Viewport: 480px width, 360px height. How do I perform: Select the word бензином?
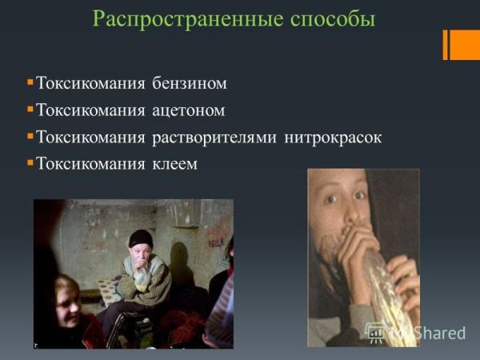(191, 83)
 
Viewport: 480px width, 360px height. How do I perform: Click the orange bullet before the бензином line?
(30, 82)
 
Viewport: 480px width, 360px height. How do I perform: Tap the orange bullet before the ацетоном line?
(30, 109)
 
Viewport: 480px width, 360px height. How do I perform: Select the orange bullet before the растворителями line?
(30, 136)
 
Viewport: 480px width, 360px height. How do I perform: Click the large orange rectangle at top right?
(465, 46)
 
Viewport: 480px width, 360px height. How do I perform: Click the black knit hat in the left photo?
(142, 238)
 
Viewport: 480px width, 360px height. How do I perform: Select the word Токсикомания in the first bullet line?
(90, 83)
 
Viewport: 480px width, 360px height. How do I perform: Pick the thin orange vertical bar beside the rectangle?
(445, 46)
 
